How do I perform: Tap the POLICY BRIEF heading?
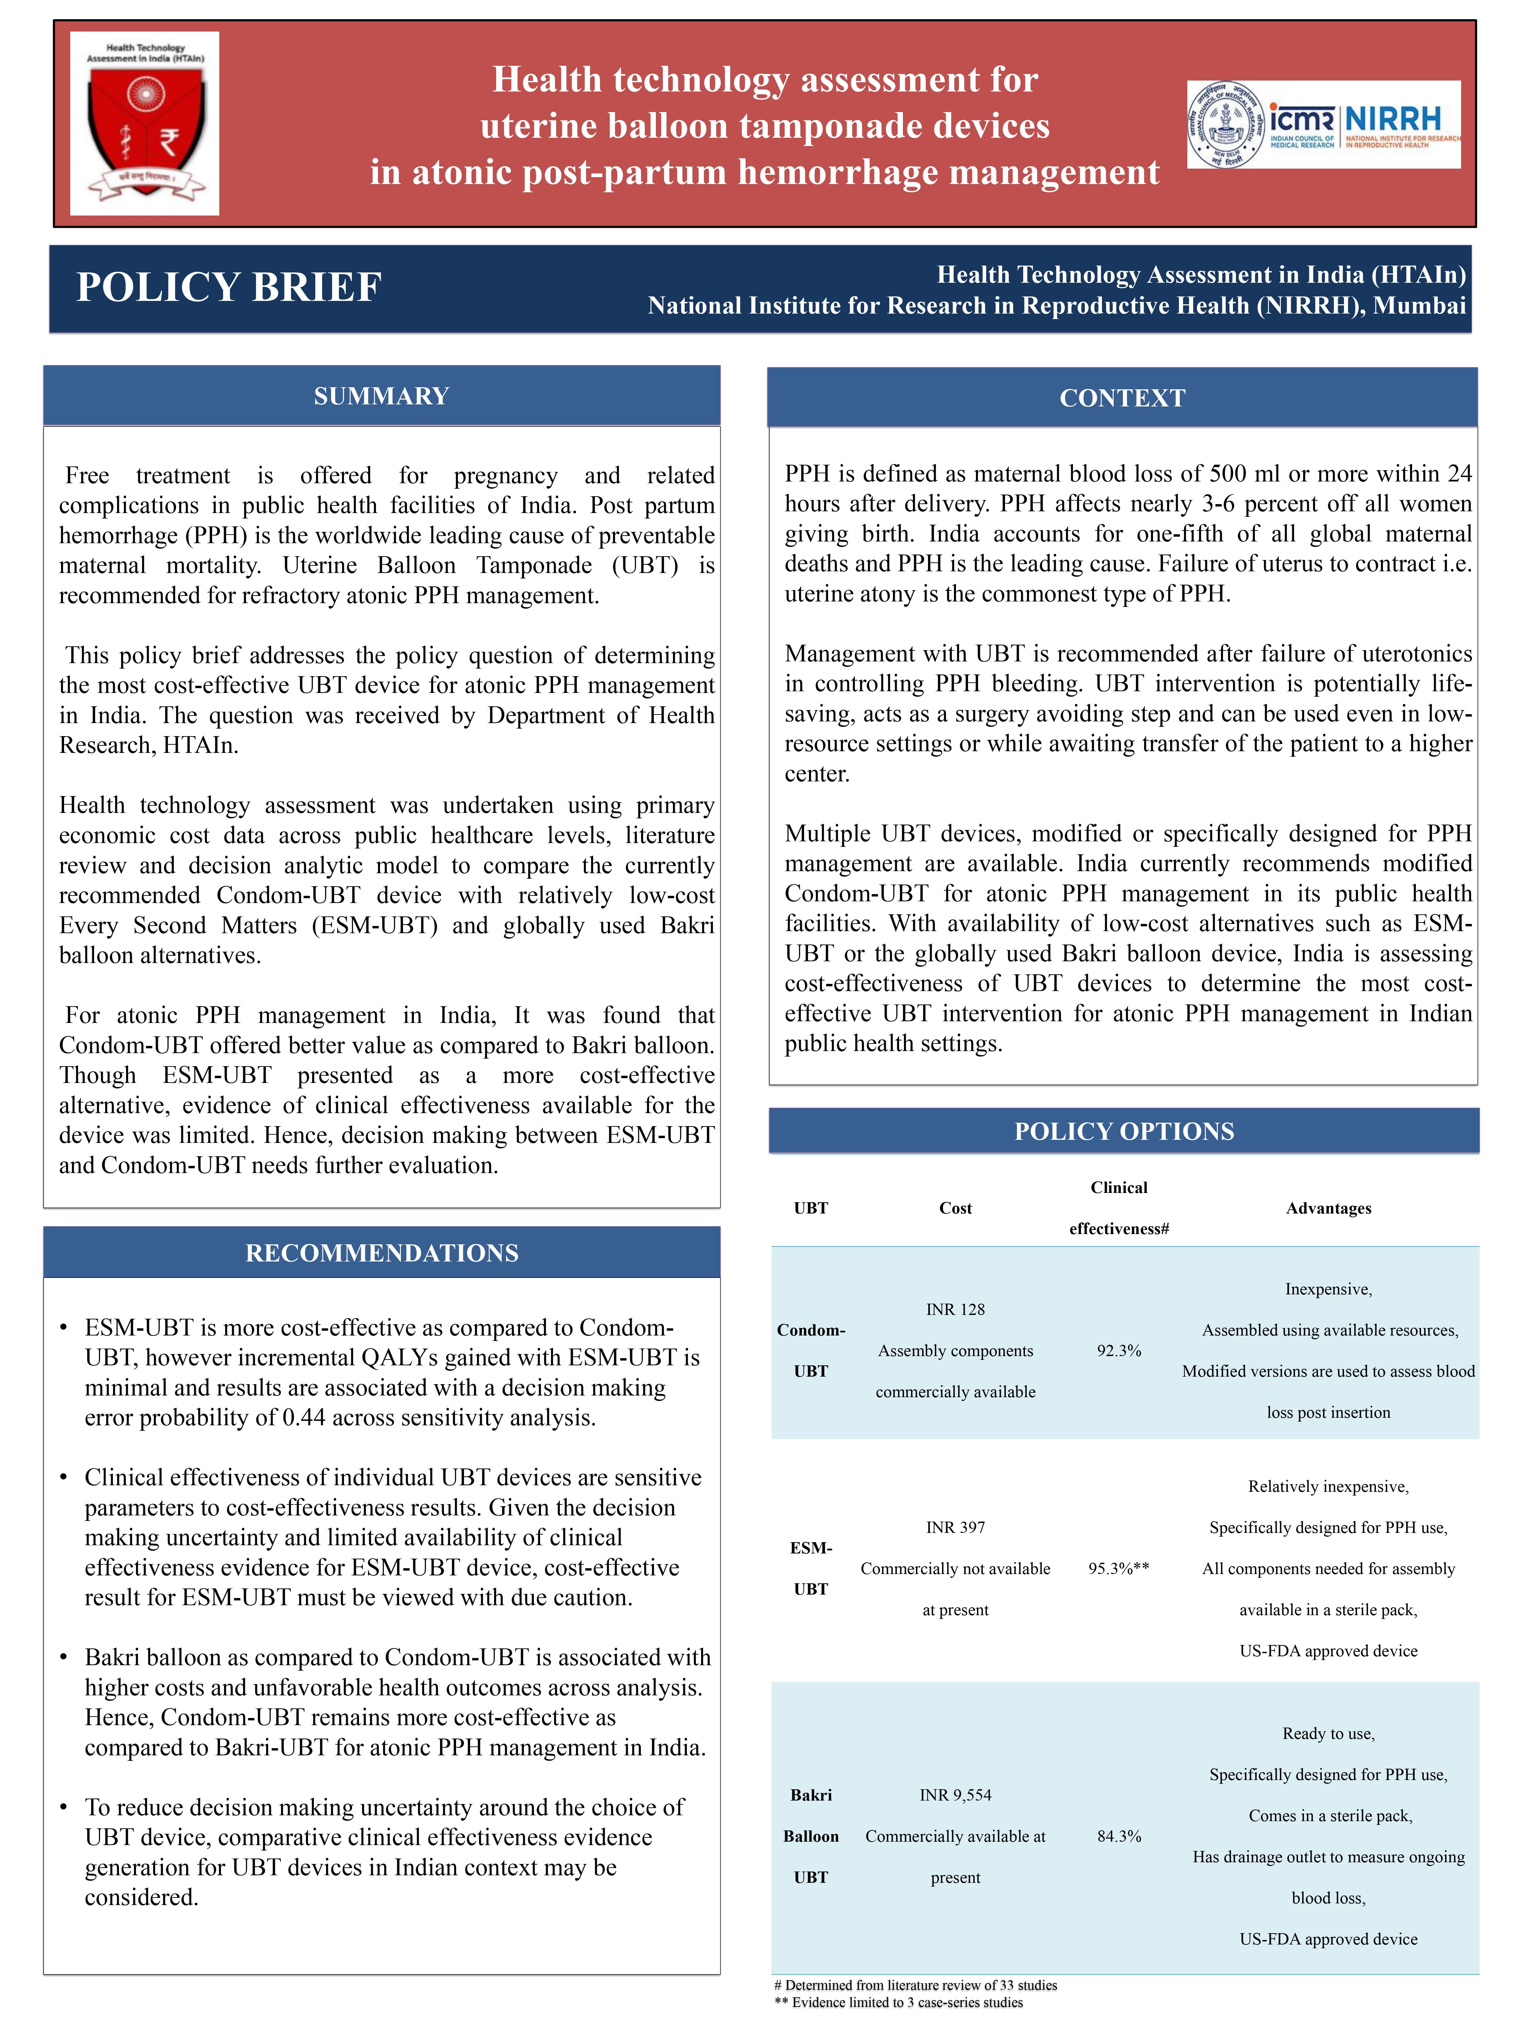tap(229, 287)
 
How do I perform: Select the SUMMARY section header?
tap(382, 396)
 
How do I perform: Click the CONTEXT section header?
tap(1122, 398)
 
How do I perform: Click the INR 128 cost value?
tap(955, 1309)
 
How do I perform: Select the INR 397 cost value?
tap(955, 1527)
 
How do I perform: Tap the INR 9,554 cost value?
tap(955, 1795)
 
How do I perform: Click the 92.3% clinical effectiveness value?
tap(1119, 1351)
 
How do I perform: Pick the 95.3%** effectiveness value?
tap(1119, 1568)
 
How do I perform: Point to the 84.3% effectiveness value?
tap(1119, 1837)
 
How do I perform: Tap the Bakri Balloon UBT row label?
tap(811, 1837)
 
